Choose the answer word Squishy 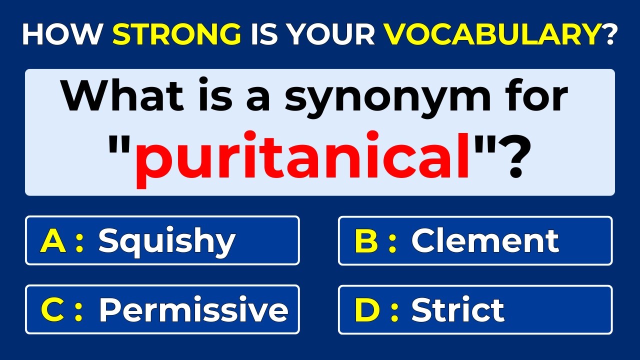[166, 241]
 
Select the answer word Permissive [193, 310]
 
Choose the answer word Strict [457, 310]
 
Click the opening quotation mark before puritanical [120, 145]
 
